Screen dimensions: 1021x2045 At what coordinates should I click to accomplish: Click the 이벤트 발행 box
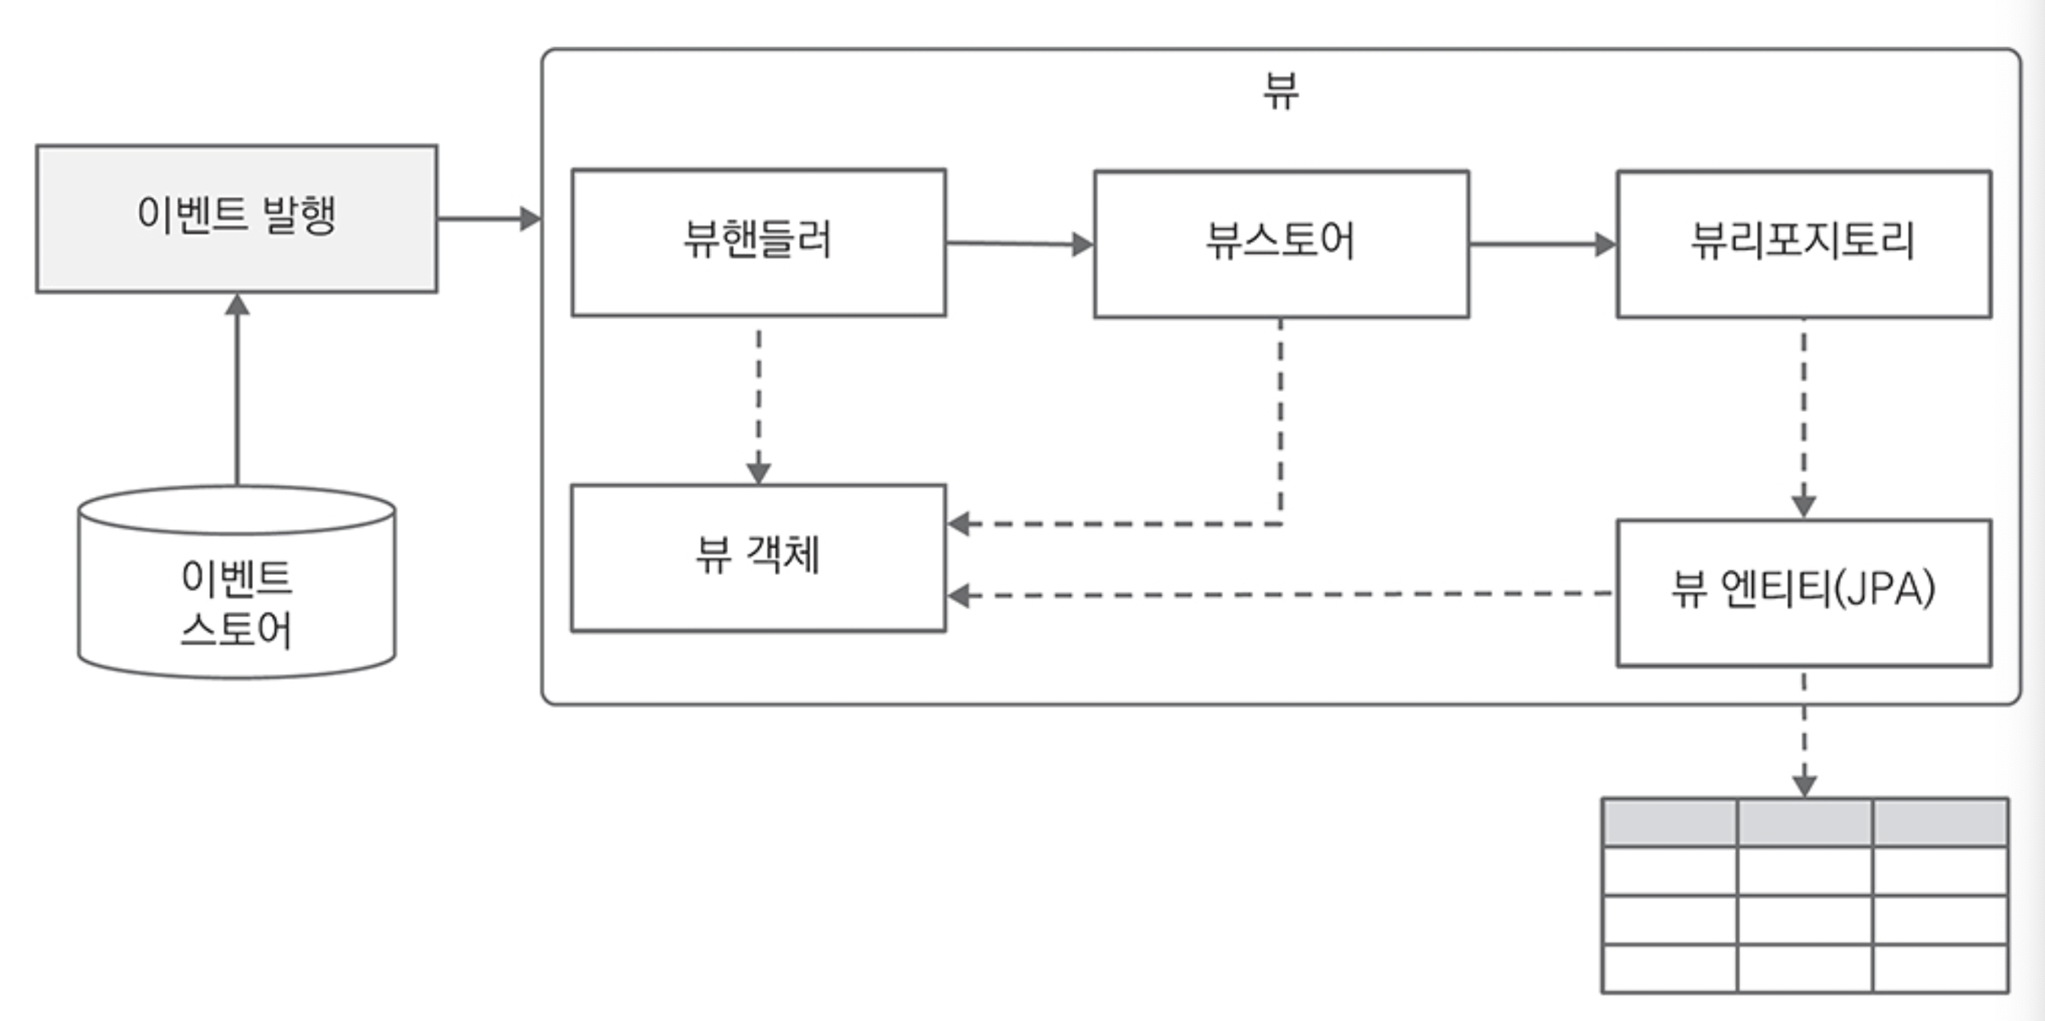pos(237,218)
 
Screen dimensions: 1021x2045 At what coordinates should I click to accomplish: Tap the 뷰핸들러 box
pos(758,243)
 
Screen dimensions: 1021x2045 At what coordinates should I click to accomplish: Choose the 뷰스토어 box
pos(1281,244)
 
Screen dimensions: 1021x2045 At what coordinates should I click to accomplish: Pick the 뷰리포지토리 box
pos(1804,244)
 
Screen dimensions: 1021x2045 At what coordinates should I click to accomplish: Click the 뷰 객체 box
pos(758,558)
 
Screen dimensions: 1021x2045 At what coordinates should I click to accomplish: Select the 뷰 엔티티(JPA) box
pos(1804,593)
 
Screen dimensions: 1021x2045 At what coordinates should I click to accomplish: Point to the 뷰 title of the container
pos(1281,91)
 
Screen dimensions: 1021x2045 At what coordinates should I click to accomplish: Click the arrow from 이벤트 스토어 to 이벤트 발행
pos(237,389)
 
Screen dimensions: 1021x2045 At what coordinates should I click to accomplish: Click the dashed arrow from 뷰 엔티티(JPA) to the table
pos(1804,732)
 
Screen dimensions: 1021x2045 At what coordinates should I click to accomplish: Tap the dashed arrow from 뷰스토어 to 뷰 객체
pos(1280,423)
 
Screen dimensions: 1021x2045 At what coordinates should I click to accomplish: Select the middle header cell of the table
pos(1804,821)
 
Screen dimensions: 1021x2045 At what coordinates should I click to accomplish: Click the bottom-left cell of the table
pos(1669,969)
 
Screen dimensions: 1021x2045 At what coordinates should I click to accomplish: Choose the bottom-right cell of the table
pos(1940,969)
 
